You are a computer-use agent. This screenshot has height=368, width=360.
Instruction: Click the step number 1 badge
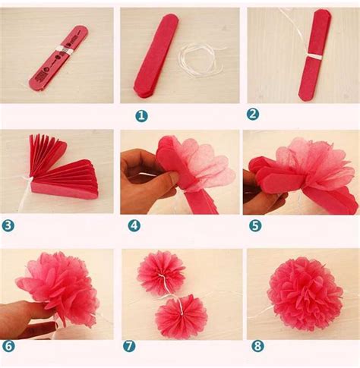(x=141, y=115)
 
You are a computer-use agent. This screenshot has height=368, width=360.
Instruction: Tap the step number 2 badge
(x=253, y=114)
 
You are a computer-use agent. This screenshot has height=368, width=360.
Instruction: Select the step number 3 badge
(x=8, y=225)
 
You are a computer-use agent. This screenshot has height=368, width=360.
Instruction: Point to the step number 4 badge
(x=134, y=225)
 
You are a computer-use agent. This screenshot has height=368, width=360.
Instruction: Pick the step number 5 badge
(x=255, y=225)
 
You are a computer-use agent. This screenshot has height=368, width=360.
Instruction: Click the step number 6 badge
(x=8, y=346)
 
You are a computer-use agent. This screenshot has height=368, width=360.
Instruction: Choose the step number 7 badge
(x=129, y=346)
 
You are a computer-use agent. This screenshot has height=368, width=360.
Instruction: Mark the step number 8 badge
(x=257, y=346)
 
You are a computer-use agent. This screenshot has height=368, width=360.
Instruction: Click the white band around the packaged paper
(x=64, y=50)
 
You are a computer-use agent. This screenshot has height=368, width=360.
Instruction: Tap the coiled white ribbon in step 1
(x=200, y=61)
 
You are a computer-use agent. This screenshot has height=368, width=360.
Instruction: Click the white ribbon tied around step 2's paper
(x=314, y=57)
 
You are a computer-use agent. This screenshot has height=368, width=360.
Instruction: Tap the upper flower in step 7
(x=161, y=273)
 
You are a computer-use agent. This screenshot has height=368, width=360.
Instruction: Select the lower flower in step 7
(x=182, y=316)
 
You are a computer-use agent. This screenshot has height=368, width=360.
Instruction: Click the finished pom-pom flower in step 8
(x=305, y=294)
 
